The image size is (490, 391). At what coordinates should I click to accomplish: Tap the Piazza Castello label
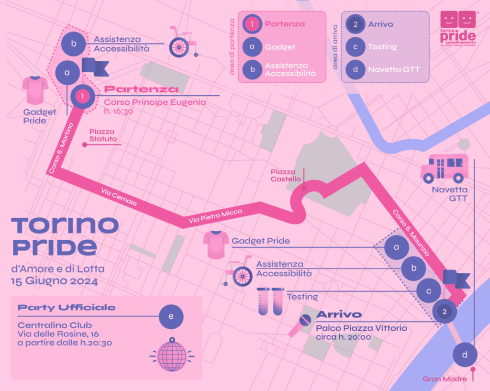point(286,175)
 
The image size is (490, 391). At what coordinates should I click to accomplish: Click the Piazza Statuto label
point(103,135)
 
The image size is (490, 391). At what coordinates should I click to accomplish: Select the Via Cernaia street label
point(119,197)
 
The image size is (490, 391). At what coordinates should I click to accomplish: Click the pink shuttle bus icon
point(444,168)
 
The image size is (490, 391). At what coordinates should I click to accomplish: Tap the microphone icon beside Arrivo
point(300,326)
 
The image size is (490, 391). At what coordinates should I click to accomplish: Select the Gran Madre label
point(445,379)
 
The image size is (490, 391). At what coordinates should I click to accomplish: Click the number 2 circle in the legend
point(355,23)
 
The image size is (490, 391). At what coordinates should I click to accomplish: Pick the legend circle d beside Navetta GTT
point(355,69)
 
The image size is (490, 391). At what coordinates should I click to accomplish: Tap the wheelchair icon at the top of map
point(182,42)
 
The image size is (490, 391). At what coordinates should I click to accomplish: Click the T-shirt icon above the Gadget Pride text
point(35,90)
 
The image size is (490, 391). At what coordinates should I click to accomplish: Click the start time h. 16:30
point(119,111)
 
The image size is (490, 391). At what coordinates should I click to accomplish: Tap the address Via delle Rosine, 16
point(58,334)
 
